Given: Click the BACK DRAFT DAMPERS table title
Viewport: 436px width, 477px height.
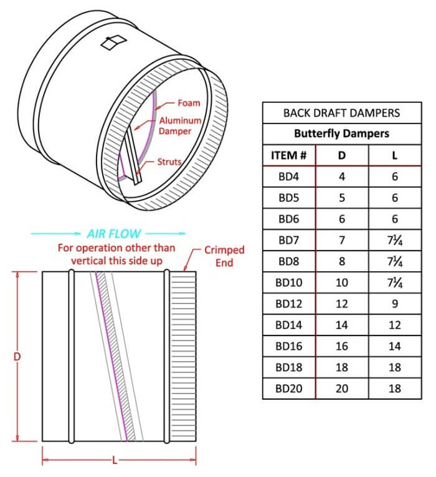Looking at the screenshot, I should (341, 113).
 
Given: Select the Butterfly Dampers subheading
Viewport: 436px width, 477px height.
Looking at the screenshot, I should (341, 133).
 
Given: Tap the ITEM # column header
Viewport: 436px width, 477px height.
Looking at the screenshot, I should (288, 155).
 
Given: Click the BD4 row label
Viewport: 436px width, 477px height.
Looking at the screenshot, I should (288, 176).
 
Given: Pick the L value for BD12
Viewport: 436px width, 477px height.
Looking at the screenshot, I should (394, 304).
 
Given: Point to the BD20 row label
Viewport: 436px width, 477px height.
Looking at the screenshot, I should (288, 388).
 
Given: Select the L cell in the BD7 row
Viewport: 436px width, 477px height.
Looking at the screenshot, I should (394, 240).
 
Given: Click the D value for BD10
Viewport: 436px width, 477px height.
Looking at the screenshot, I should (341, 282).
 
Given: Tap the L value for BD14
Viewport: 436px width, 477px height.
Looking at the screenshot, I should (394, 325).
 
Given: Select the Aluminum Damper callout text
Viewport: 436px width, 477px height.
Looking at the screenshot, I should (180, 125).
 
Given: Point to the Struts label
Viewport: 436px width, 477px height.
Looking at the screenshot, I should (169, 161).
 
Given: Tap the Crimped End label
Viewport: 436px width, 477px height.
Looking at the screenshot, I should (224, 256).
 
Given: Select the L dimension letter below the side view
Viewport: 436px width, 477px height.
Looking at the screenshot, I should (115, 461).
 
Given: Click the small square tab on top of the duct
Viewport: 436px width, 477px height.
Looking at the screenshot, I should (114, 43).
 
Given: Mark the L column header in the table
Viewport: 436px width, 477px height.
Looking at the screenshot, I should (394, 155).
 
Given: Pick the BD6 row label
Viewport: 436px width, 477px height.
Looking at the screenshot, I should (288, 219).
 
